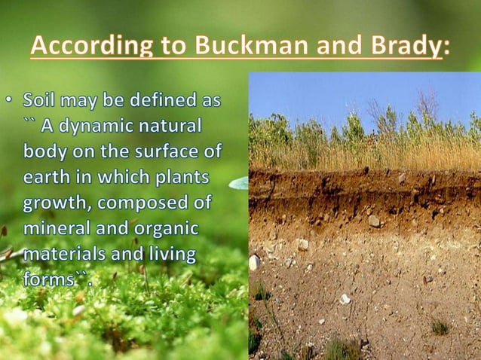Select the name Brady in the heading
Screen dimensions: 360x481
pos(405,47)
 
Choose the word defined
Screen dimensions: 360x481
pos(164,99)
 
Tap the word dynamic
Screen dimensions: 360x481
pos(89,125)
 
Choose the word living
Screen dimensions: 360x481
pos(170,255)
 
